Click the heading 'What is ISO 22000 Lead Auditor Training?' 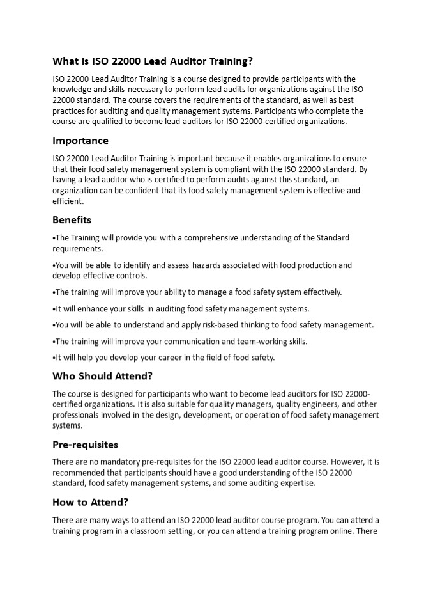[153, 61]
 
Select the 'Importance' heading [80, 141]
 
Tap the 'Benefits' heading [72, 220]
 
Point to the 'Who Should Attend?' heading [102, 376]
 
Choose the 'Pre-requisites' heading [85, 445]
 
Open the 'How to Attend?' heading [89, 503]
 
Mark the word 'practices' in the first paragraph [69, 111]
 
